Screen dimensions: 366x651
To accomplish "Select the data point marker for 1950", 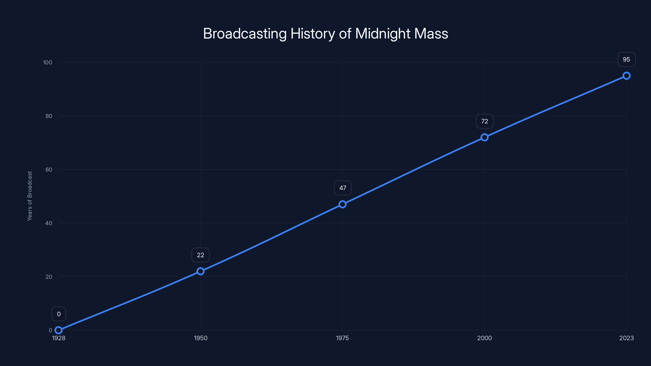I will click(200, 271).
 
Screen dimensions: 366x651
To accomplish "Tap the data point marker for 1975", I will click(342, 204).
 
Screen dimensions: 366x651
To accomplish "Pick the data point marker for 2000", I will click(484, 137).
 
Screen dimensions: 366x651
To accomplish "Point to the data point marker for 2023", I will click(627, 76).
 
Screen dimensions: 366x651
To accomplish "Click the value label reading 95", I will click(627, 59).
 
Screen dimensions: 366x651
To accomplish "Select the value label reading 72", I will click(484, 121).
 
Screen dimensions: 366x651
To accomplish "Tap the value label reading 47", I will click(343, 188).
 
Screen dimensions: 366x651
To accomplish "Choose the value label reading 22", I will click(200, 255).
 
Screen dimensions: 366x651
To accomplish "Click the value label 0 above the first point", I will click(59, 314).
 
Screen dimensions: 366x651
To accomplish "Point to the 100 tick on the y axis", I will click(48, 62).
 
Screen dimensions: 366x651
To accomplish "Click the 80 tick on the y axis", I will click(49, 116).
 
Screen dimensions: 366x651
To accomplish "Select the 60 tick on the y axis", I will click(49, 170).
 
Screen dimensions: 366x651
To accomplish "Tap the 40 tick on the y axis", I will click(49, 223).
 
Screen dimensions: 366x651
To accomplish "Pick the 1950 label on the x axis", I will click(200, 338).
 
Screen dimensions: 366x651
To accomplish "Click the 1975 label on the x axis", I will click(342, 338).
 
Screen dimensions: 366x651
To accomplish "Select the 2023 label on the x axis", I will click(627, 338).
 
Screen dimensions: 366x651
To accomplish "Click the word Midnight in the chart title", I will click(383, 34).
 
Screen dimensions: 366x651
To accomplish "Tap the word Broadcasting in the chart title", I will click(245, 34).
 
